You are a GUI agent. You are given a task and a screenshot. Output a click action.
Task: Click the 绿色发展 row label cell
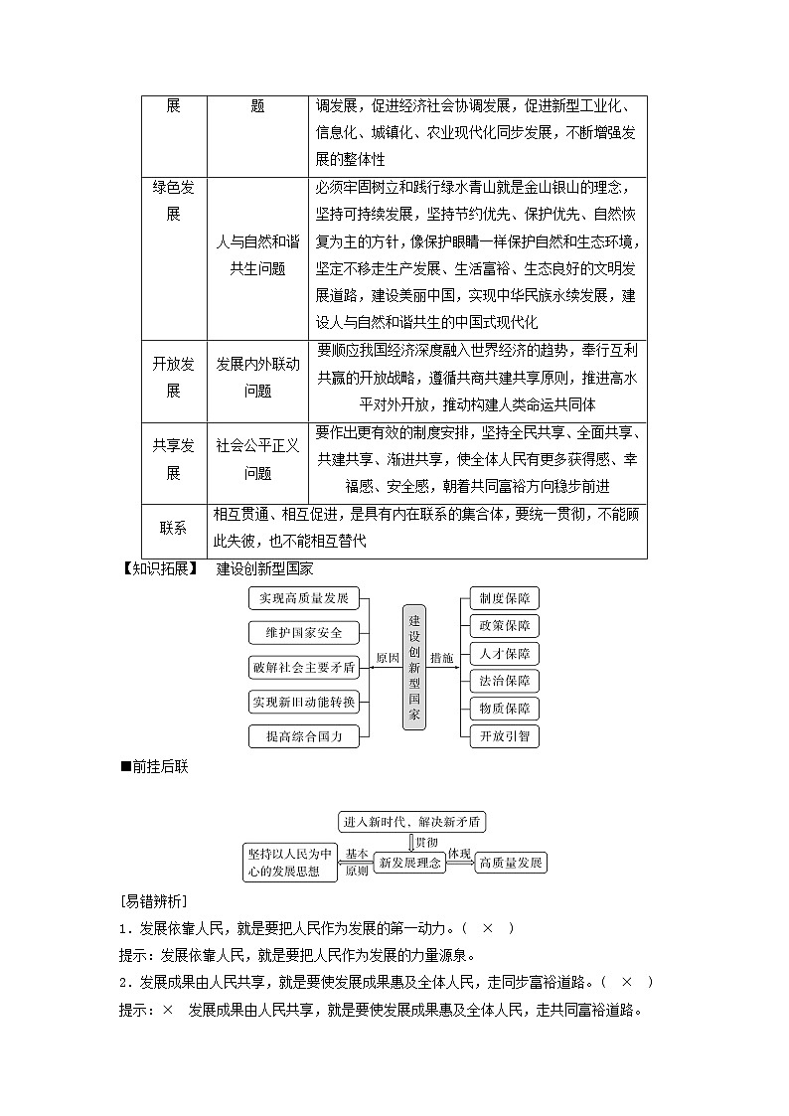[174, 200]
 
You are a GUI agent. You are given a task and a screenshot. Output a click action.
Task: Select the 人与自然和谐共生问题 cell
[257, 254]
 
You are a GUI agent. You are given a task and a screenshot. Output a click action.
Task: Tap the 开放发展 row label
[174, 378]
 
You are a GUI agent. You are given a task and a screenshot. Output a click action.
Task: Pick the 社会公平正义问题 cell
[257, 460]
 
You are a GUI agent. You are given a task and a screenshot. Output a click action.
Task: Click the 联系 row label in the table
[174, 529]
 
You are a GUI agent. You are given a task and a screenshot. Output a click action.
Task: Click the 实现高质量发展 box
[303, 598]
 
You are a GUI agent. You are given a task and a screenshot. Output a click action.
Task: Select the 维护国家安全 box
[303, 633]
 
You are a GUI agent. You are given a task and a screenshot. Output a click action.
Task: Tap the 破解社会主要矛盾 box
[303, 667]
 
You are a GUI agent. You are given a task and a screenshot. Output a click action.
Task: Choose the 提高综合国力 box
[303, 736]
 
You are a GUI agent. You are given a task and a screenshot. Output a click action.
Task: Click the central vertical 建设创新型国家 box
[415, 667]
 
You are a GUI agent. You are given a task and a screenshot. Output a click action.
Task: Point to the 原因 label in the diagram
[387, 659]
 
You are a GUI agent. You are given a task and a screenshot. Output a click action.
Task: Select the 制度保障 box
[504, 598]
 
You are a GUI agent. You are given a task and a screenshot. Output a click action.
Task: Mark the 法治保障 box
[504, 681]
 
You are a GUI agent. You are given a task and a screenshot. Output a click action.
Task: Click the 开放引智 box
[504, 736]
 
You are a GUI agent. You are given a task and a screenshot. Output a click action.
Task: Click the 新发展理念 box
[410, 863]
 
